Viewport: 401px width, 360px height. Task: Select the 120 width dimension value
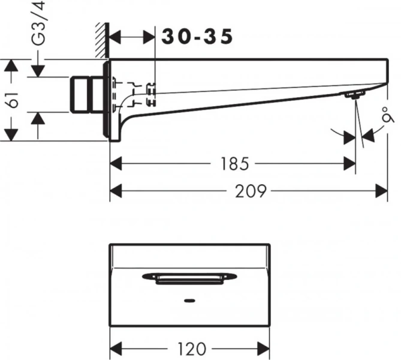[192, 348]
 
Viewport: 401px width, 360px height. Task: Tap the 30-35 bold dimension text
[197, 37]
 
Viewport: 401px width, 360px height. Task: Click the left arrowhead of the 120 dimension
[116, 348]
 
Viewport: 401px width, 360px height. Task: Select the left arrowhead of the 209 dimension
[116, 191]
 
